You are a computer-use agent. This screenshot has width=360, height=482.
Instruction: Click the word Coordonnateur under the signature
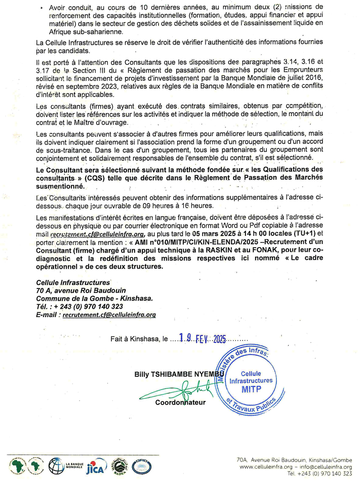180,403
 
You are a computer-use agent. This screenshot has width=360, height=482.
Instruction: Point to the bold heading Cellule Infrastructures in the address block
73,282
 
